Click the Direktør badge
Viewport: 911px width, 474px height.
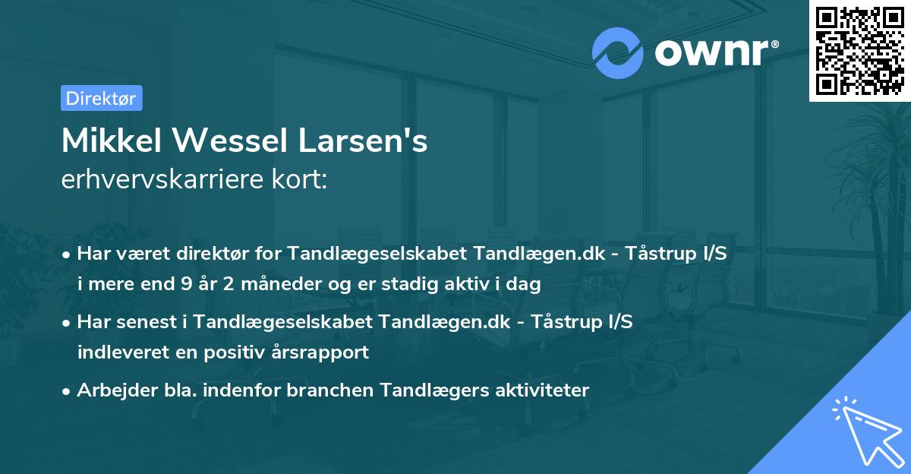point(101,98)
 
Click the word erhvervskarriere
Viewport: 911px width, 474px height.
point(157,181)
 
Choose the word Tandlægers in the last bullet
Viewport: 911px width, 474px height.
point(411,390)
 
